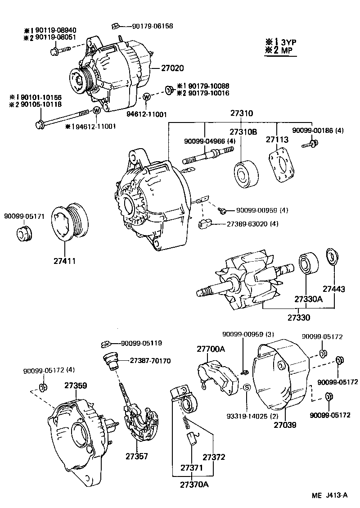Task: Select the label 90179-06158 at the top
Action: point(153,26)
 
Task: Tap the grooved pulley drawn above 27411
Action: point(69,222)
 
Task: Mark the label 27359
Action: point(75,386)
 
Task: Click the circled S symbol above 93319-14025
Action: point(247,388)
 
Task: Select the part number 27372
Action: point(213,457)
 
